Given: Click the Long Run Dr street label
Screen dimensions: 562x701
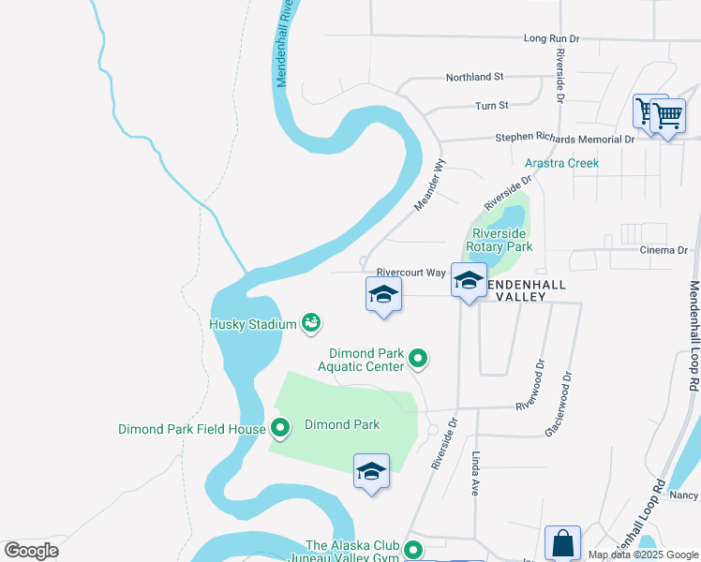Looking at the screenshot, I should click(552, 38).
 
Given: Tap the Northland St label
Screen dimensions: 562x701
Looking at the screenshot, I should click(474, 77).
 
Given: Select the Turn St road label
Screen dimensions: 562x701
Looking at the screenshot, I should click(491, 106).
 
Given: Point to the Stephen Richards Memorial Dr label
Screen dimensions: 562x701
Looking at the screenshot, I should click(565, 139).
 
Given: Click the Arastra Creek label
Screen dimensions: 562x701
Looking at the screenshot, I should click(561, 163).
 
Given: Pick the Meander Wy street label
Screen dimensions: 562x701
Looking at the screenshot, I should click(432, 189).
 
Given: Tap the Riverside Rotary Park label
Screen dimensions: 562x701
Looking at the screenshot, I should click(502, 240).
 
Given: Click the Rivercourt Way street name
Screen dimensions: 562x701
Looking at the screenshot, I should click(410, 273).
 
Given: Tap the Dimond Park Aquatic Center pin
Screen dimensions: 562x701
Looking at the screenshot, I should click(419, 358).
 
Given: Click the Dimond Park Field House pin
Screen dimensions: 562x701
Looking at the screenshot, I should click(279, 429).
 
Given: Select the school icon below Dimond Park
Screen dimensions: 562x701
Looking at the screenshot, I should click(371, 470).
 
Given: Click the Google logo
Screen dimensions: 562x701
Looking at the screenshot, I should click(32, 551).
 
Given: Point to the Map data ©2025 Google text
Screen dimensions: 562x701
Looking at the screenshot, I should click(642, 555).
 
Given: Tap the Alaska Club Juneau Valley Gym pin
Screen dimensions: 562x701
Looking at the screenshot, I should click(412, 552).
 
